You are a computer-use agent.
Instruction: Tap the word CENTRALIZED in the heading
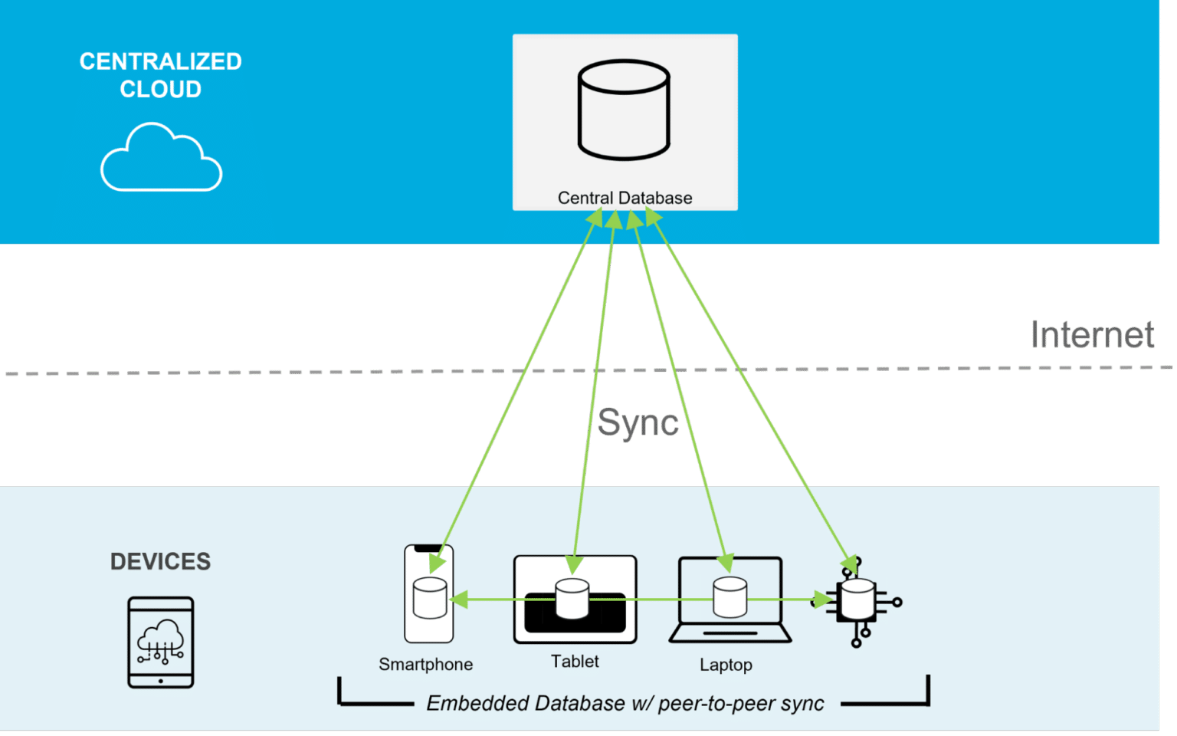(x=160, y=61)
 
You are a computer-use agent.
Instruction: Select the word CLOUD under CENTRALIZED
(x=160, y=90)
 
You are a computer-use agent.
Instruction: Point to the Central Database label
(x=625, y=198)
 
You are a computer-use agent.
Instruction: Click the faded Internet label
(x=1091, y=335)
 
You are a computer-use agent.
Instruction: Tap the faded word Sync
(x=638, y=422)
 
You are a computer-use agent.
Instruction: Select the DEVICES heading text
(x=160, y=561)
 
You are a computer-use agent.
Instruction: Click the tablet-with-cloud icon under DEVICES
(x=160, y=642)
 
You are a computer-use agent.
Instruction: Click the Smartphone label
(x=425, y=664)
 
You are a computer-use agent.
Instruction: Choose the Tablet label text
(x=575, y=661)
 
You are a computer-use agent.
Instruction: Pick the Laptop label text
(x=726, y=665)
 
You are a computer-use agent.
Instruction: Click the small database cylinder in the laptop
(x=729, y=597)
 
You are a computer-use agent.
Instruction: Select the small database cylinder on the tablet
(x=572, y=599)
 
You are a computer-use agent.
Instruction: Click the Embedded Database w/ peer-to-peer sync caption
(x=625, y=703)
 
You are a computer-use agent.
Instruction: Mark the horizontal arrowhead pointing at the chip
(x=824, y=599)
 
